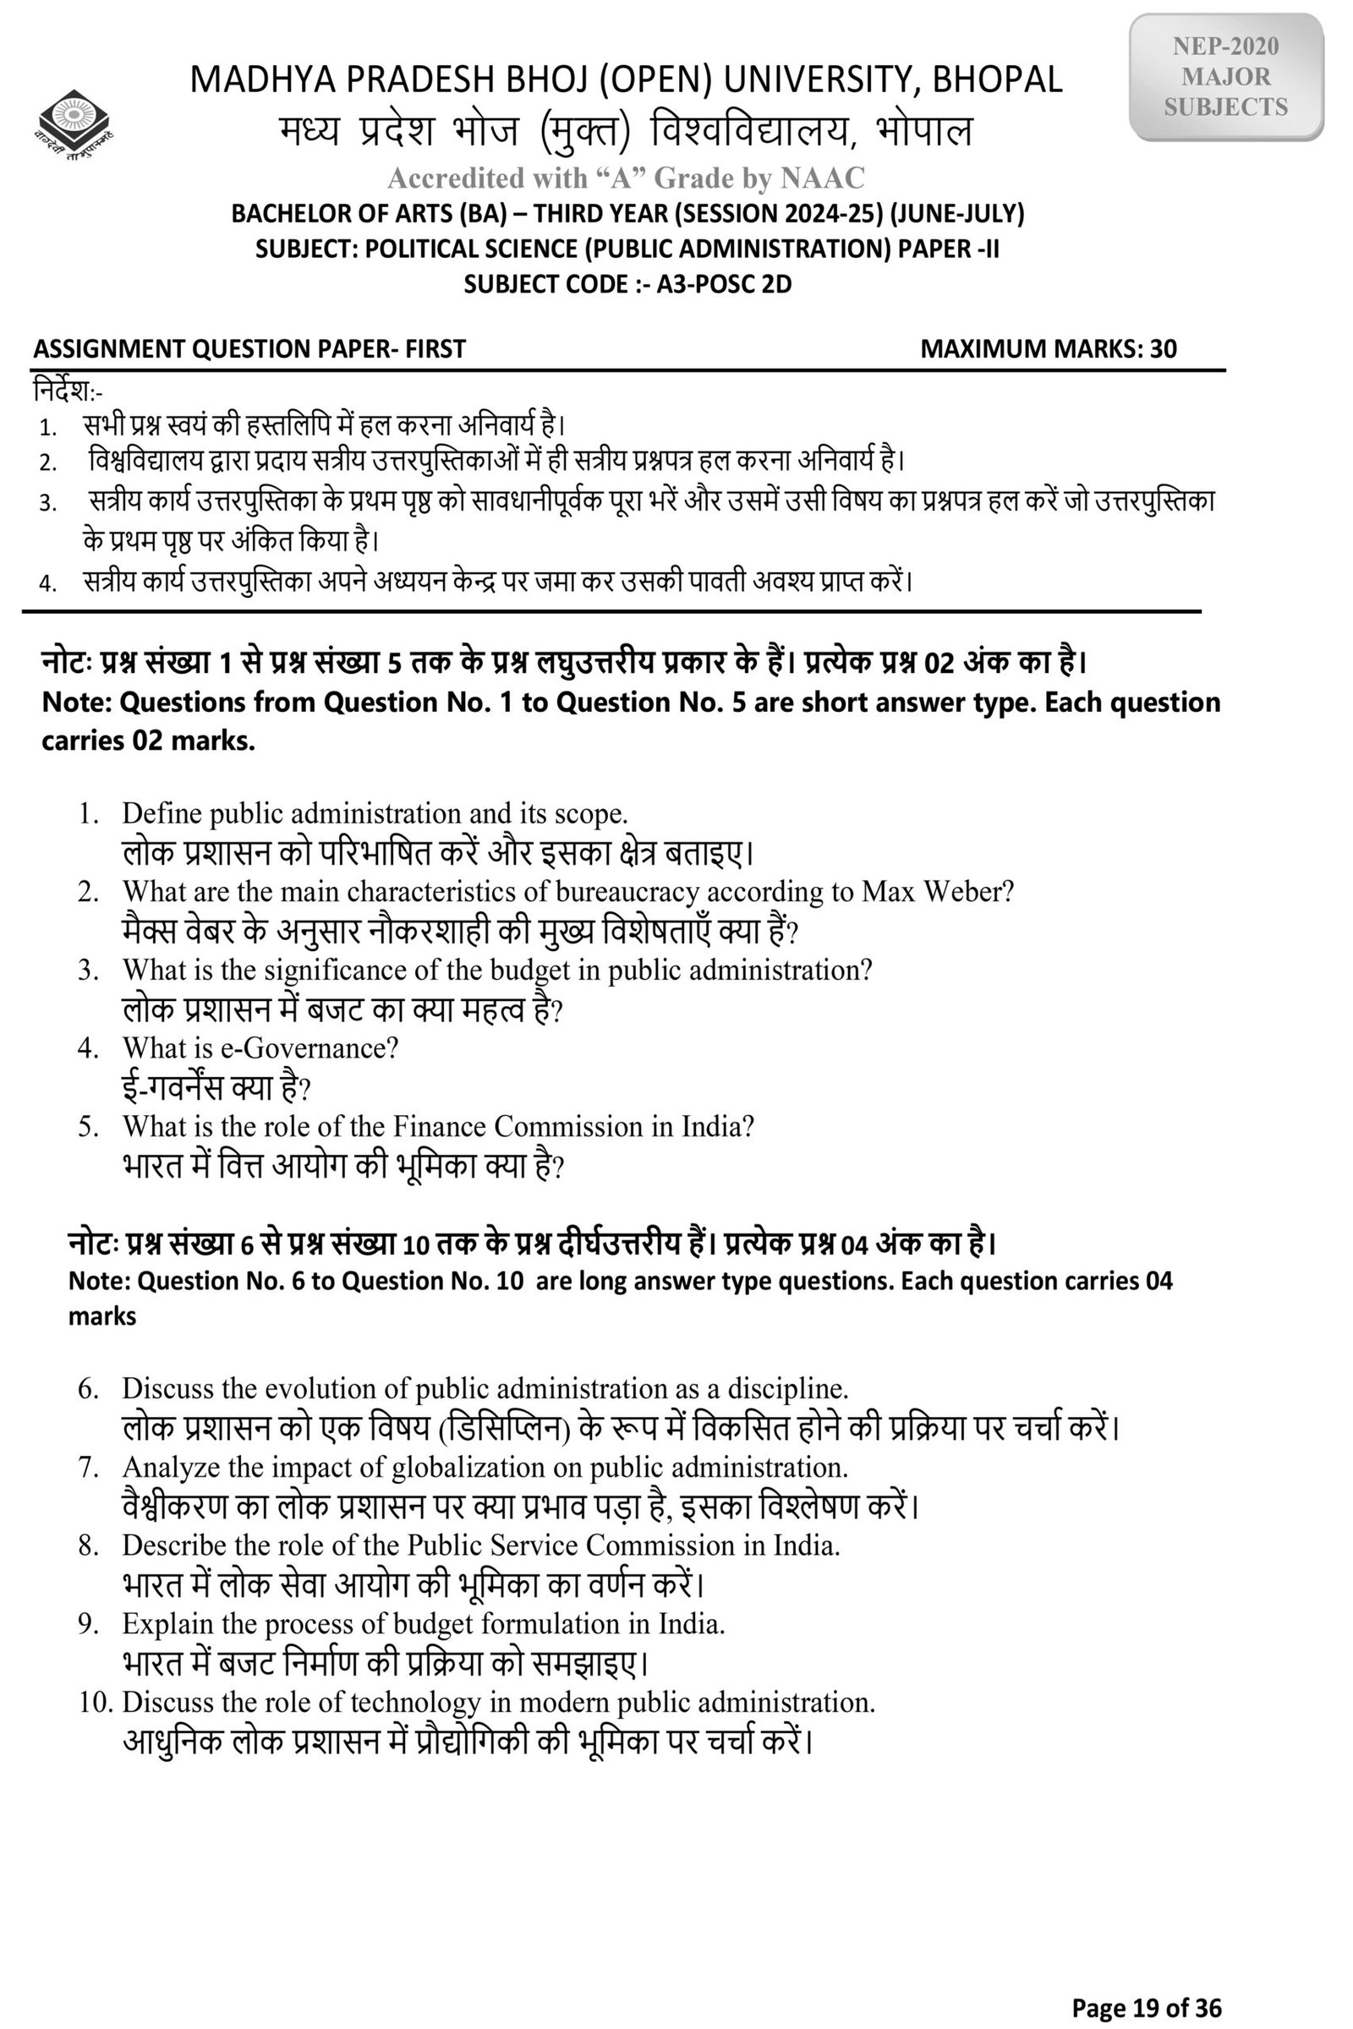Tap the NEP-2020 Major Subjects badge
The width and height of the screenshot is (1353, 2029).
[x=1225, y=77]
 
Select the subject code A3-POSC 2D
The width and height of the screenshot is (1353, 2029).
[x=724, y=284]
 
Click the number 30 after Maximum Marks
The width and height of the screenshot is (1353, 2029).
[x=1162, y=348]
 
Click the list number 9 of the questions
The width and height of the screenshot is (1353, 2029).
[x=88, y=1624]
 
